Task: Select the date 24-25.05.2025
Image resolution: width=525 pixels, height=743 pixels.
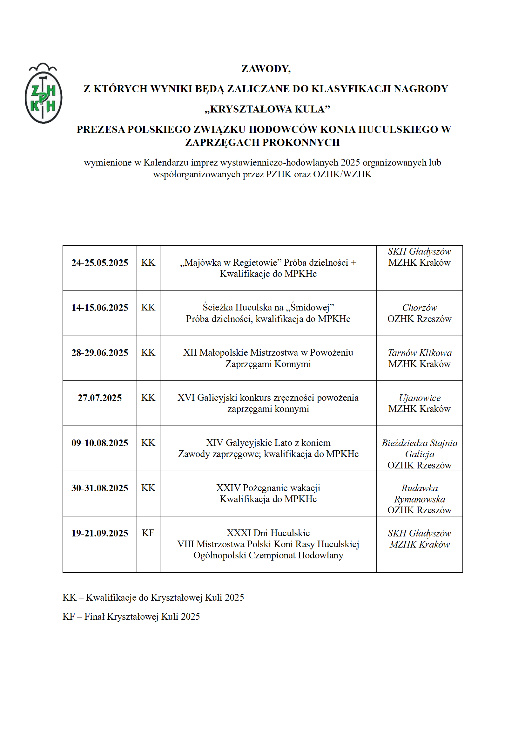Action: [x=100, y=263]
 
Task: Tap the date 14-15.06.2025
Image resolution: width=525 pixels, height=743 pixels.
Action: [x=100, y=308]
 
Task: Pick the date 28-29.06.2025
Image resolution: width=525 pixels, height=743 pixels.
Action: [x=100, y=353]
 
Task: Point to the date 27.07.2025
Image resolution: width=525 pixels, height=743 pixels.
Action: [x=100, y=398]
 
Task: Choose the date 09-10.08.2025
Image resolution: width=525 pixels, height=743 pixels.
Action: [x=100, y=443]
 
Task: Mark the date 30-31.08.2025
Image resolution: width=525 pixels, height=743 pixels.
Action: [x=100, y=488]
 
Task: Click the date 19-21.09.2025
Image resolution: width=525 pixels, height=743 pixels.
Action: [x=100, y=533]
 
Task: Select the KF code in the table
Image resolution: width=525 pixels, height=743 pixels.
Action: [x=148, y=533]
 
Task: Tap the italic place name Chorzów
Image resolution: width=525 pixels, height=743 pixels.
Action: [x=419, y=308]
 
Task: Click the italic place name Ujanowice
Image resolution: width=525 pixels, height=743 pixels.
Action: [x=419, y=398]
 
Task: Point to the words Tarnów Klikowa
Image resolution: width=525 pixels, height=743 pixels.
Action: [x=419, y=353]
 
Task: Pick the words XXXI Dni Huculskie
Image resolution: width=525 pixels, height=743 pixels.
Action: [x=268, y=533]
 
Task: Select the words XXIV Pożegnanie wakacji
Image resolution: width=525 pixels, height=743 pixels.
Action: [x=268, y=488]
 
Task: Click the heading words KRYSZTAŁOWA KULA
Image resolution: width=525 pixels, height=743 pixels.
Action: [x=267, y=109]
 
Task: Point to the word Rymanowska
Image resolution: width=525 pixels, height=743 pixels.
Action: [x=419, y=499]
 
